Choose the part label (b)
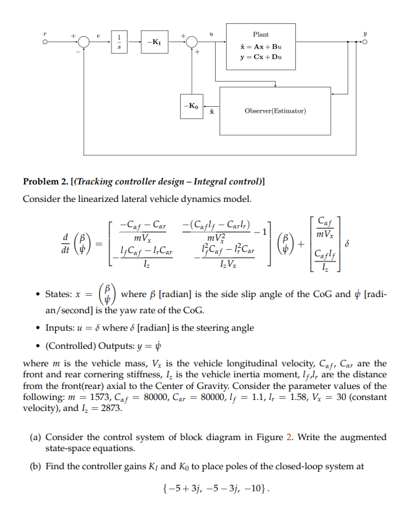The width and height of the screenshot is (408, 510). pyautogui.click(x=37, y=465)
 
